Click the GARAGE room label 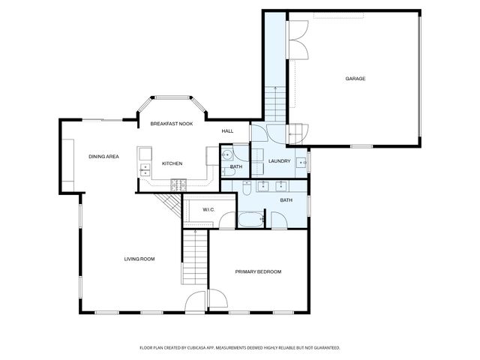[355, 78]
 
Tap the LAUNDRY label [279, 160]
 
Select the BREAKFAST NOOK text [172, 123]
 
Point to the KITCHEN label [172, 163]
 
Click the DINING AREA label [103, 157]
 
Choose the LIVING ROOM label [139, 259]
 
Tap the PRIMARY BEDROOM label [258, 271]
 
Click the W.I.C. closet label [208, 209]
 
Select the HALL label [227, 131]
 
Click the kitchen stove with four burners [178, 183]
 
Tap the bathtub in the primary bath [250, 220]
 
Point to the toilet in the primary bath [245, 190]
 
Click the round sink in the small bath [226, 156]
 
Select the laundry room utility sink [303, 161]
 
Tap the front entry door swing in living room [196, 303]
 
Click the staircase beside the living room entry [194, 256]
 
